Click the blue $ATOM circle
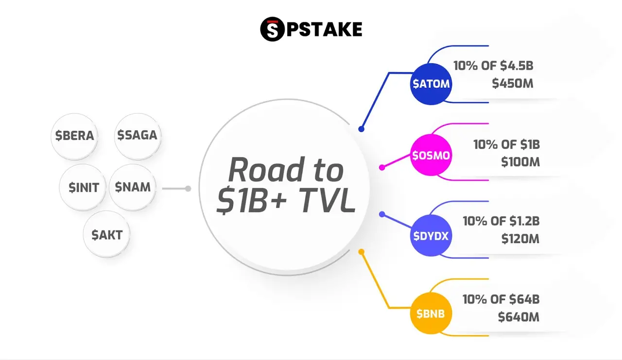point(431,84)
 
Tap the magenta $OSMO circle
point(431,155)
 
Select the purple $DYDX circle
point(431,235)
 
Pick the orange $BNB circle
point(431,313)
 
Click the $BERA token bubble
point(74,136)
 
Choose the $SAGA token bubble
point(138,136)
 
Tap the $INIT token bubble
point(83,187)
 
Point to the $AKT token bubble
point(106,235)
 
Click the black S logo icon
point(272,29)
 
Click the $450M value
point(513,84)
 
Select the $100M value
point(520,162)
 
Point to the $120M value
point(520,239)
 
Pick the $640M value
point(518,317)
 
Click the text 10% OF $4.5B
point(493,66)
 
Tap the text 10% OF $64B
point(501,299)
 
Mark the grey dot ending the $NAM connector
point(188,189)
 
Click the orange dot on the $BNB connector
point(361,252)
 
